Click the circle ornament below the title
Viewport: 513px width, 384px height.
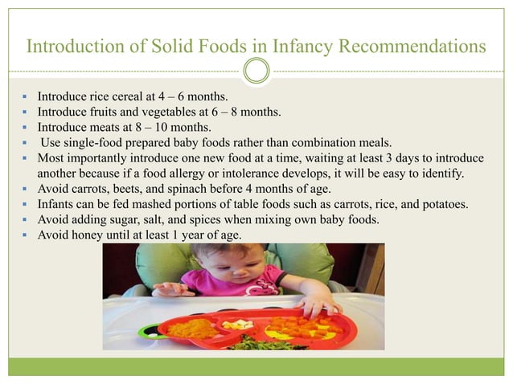click(x=256, y=72)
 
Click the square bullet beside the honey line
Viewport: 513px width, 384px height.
click(x=27, y=235)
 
